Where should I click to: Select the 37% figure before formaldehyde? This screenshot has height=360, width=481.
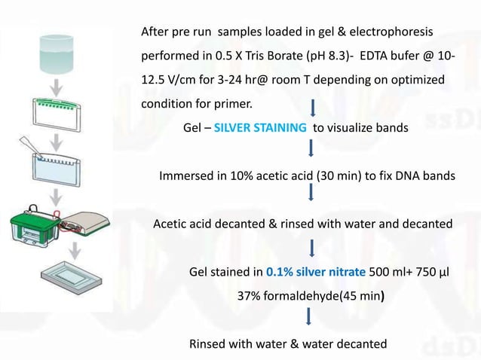click(x=250, y=296)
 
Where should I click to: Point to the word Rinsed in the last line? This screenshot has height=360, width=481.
click(x=208, y=344)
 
